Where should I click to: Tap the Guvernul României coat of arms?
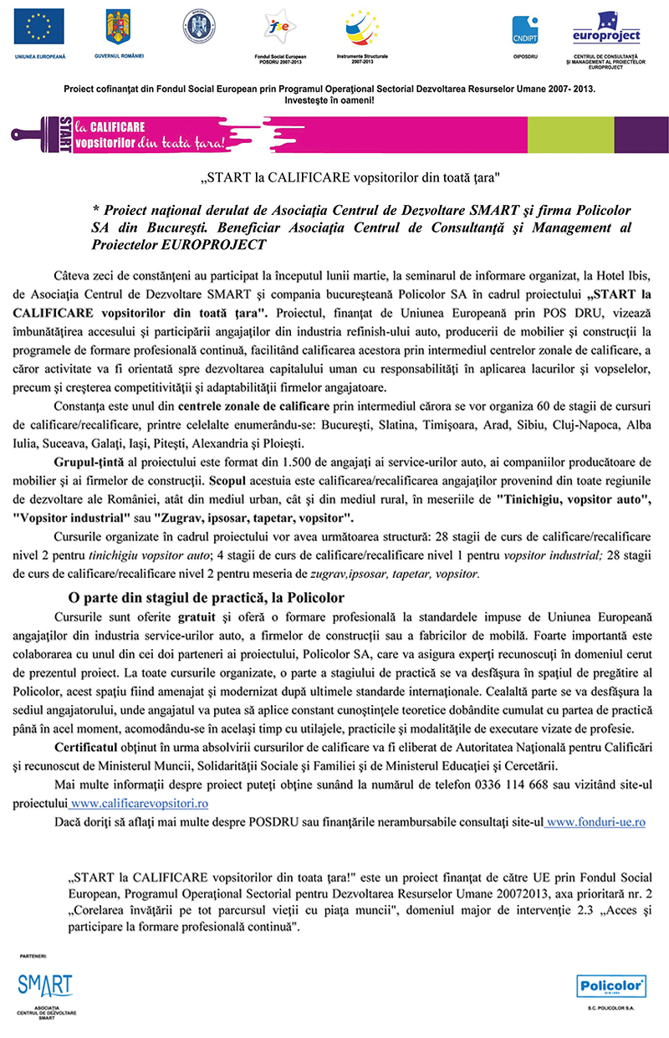(120, 27)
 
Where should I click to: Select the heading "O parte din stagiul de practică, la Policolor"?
(206, 597)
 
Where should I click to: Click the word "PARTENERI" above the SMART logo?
(35, 954)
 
